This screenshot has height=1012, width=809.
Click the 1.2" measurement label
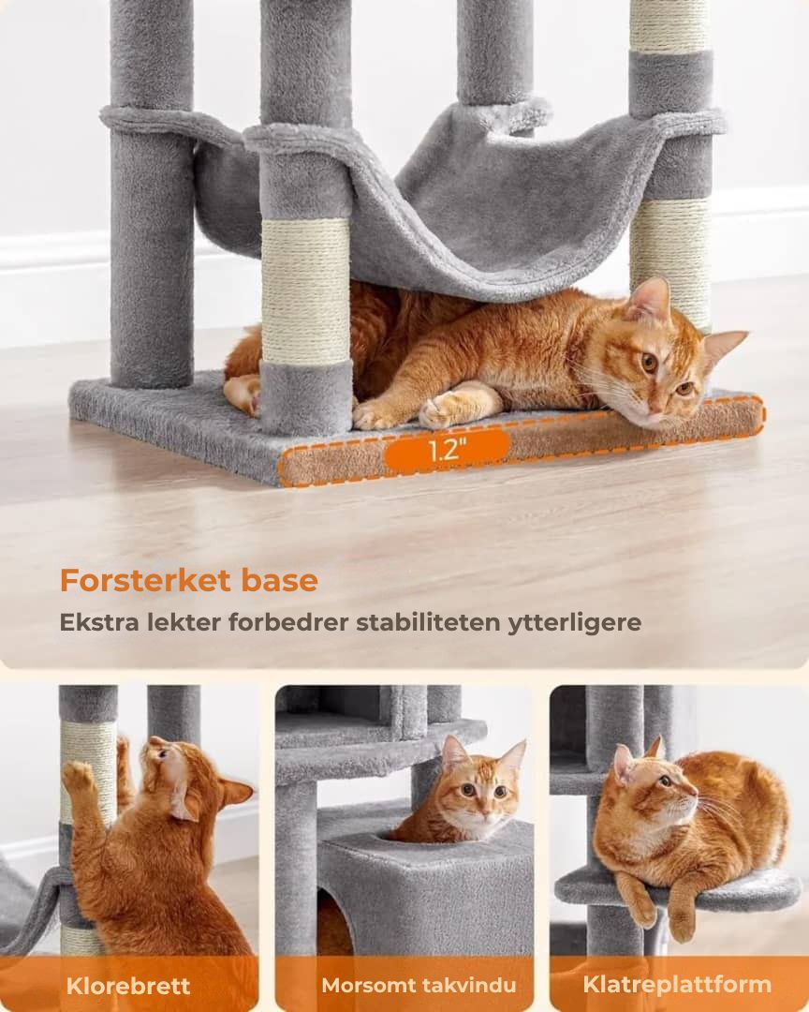click(447, 450)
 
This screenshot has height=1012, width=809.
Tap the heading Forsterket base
click(188, 581)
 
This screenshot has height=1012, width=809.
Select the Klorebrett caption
click(128, 986)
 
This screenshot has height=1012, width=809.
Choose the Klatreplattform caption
click(677, 984)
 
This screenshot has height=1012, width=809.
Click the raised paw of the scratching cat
click(79, 776)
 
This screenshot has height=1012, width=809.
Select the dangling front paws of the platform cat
click(660, 914)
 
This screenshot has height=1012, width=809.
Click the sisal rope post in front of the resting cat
click(305, 290)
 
